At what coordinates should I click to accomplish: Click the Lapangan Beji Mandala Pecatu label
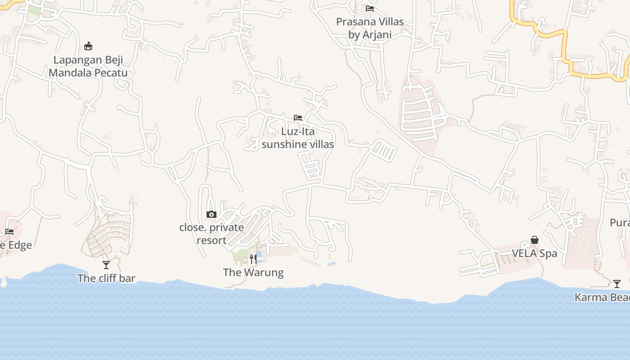tap(88, 67)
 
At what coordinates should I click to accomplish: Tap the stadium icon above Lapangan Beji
tap(88, 46)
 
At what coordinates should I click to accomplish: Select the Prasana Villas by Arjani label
tap(370, 28)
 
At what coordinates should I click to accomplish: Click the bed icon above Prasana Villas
tap(370, 8)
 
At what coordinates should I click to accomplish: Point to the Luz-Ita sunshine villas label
tap(297, 138)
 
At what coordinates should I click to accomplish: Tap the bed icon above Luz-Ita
tap(297, 118)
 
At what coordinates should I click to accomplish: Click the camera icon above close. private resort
tap(211, 215)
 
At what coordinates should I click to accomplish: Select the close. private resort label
tap(211, 234)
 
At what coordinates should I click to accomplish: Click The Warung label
tap(253, 272)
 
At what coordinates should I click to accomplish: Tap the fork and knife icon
tap(253, 259)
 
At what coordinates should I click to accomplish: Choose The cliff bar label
tap(106, 278)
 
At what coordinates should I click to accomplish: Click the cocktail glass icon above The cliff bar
tap(106, 265)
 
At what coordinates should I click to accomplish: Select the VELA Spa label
tap(535, 253)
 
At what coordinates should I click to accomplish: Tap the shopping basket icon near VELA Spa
tap(535, 240)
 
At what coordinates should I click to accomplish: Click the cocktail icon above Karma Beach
tap(617, 284)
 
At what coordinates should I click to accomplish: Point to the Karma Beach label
tap(602, 297)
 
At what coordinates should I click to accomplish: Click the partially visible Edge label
tap(16, 245)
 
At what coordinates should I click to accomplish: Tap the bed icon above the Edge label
tap(9, 232)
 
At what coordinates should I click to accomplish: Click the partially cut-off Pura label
tap(620, 223)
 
